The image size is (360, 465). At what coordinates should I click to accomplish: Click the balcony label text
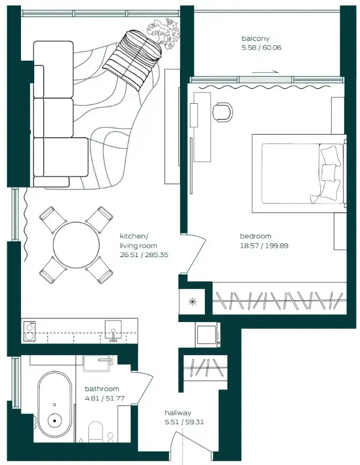click(256, 39)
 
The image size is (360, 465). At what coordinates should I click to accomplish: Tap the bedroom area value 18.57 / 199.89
click(264, 246)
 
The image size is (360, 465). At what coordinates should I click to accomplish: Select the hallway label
click(178, 413)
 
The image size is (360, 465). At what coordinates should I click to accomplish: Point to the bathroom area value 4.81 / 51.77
click(104, 398)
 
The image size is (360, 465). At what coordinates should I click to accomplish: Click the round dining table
click(76, 244)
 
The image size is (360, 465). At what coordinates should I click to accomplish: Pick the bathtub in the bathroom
click(55, 407)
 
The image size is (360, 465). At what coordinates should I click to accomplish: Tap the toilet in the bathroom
click(96, 431)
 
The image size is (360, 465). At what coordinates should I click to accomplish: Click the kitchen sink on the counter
click(113, 330)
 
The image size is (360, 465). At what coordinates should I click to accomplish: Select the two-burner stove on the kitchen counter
click(29, 332)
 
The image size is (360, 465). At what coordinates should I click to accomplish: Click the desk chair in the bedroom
click(223, 112)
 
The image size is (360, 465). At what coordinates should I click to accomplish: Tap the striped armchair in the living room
click(133, 60)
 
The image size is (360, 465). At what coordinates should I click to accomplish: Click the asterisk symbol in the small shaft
click(193, 302)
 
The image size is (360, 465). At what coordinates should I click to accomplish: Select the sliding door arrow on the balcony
click(266, 72)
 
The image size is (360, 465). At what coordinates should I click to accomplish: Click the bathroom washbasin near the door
click(97, 364)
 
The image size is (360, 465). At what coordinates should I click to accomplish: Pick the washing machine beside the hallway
click(208, 335)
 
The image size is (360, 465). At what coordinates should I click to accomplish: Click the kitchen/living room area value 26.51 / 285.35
click(144, 255)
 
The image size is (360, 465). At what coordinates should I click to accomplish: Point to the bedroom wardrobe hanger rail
click(279, 301)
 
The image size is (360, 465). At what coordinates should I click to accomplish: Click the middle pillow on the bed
click(328, 172)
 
